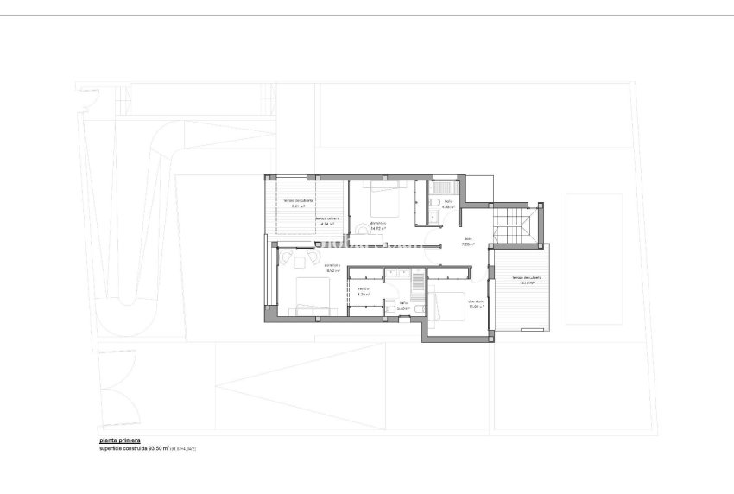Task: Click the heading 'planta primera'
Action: pyautogui.click(x=118, y=440)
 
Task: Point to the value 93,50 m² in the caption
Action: pyautogui.click(x=159, y=448)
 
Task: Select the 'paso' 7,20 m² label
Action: pyautogui.click(x=468, y=242)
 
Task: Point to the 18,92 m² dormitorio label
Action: pyautogui.click(x=332, y=268)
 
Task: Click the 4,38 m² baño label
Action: pyautogui.click(x=447, y=206)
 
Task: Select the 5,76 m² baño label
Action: pyautogui.click(x=402, y=305)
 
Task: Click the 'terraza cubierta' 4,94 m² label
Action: pyautogui.click(x=326, y=221)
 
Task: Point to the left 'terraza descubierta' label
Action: pyautogui.click(x=298, y=204)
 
